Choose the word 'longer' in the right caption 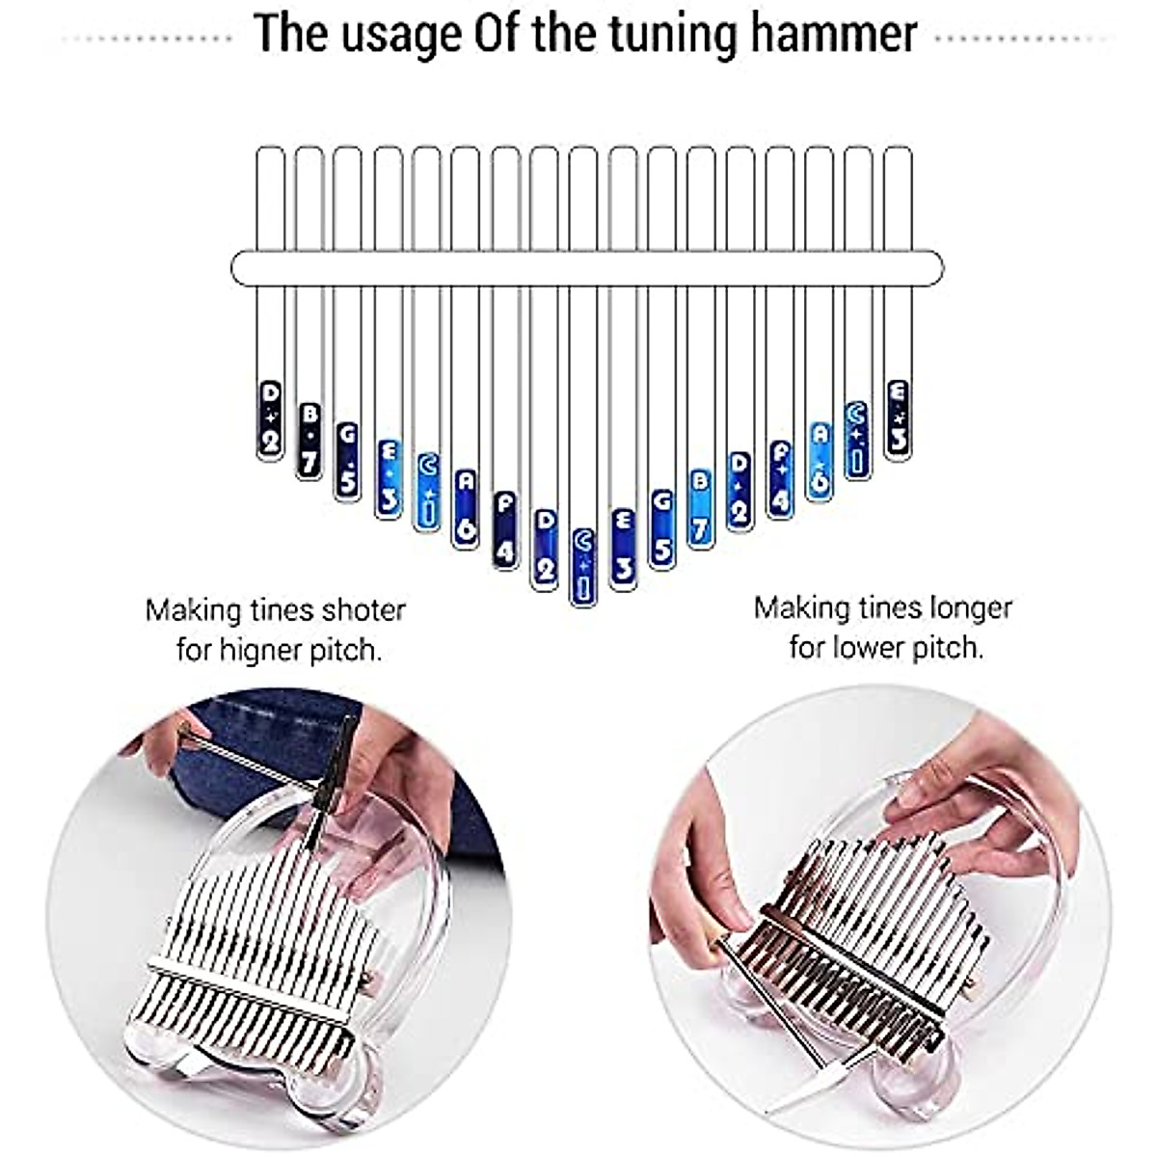click(969, 608)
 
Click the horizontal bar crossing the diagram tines click(586, 268)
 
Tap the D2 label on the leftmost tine click(270, 418)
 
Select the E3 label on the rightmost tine click(898, 418)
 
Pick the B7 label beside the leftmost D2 click(309, 440)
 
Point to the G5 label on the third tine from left click(348, 460)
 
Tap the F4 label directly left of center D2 click(505, 529)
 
